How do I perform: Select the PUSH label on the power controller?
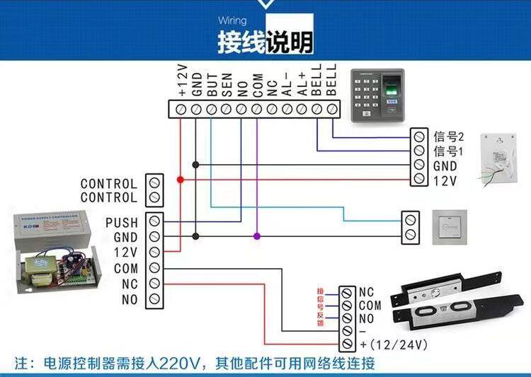click(122, 223)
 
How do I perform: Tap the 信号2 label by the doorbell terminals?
click(447, 137)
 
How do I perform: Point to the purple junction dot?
click(257, 236)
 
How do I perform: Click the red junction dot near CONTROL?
click(181, 180)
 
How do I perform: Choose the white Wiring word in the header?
click(232, 22)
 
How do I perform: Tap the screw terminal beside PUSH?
click(154, 222)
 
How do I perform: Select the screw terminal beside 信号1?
click(419, 151)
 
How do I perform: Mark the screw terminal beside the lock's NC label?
click(348, 293)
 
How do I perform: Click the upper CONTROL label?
click(109, 184)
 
